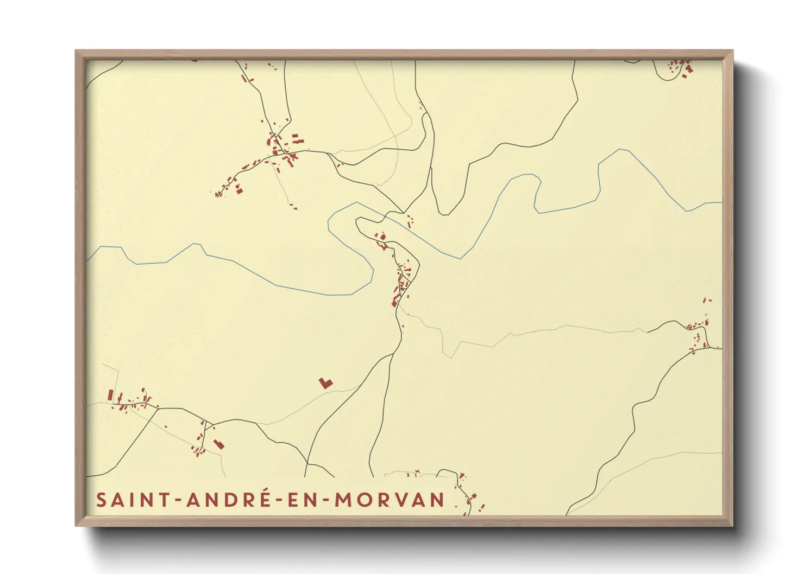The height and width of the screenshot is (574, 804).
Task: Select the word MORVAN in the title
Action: tap(390, 500)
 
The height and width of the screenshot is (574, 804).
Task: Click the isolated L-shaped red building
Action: tap(325, 382)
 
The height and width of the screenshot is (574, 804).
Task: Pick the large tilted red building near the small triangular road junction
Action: tap(219, 444)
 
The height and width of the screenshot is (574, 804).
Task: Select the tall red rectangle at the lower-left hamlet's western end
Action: tap(111, 394)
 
